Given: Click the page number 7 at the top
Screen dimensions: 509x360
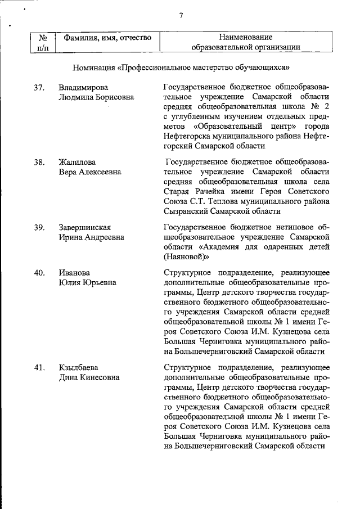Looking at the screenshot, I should point(181,15).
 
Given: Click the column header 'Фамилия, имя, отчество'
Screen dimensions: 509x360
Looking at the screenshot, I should point(107,38).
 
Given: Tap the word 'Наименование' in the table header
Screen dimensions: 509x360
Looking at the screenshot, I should point(245,37).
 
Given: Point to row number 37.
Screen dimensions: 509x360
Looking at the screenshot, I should point(39,88).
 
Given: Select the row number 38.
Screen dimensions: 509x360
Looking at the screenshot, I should point(39,163).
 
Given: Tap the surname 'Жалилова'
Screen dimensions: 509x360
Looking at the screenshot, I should point(77,163).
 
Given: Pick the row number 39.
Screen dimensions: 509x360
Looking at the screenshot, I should point(39,227).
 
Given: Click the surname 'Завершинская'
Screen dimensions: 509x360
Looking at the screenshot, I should point(85,227).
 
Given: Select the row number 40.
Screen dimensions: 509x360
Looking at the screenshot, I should point(39,273).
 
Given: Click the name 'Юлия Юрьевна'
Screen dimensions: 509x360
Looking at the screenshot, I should point(88,282).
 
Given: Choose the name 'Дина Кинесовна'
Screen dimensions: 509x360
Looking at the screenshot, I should point(89,377).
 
